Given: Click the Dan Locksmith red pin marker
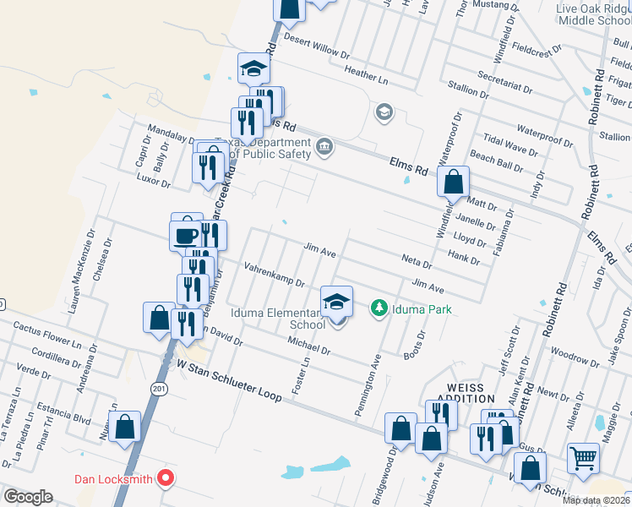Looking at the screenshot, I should [x=166, y=479].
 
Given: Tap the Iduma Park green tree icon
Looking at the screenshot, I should [x=380, y=309].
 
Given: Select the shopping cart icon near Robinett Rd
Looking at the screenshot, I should [x=583, y=459].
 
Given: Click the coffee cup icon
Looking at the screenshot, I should [x=186, y=235].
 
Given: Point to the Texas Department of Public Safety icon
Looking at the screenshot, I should [x=324, y=149].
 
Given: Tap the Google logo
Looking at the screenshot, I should [x=28, y=497].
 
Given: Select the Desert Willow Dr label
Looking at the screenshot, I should [x=317, y=47].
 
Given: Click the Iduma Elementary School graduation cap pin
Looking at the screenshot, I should [x=336, y=302].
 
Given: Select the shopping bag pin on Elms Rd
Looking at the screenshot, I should [x=454, y=181].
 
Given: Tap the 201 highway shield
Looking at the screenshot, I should [x=158, y=388].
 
